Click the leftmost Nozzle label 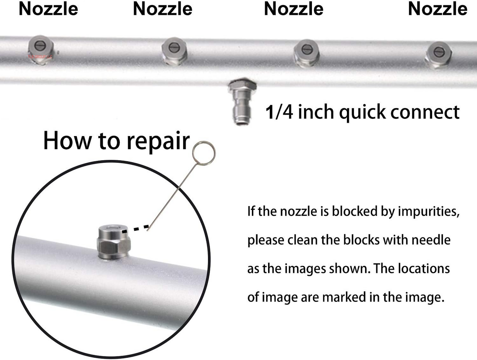pos(48,9)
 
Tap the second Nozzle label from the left pos(162,9)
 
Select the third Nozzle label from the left pos(293,9)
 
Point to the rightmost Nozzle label pos(437,9)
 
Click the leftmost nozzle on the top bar pos(40,49)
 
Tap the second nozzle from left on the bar pos(174,50)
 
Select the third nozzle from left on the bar pos(306,52)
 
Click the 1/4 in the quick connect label pos(279,112)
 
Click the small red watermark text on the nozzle pos(40,57)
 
